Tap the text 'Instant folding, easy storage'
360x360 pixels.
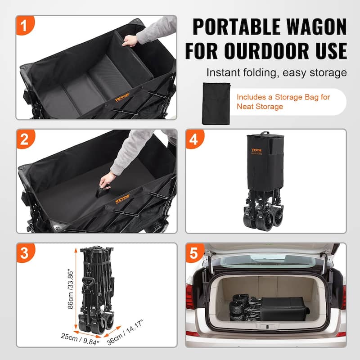click(x=276, y=72)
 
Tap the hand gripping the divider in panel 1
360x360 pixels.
click(x=131, y=41)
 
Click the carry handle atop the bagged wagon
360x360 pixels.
click(x=265, y=133)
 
